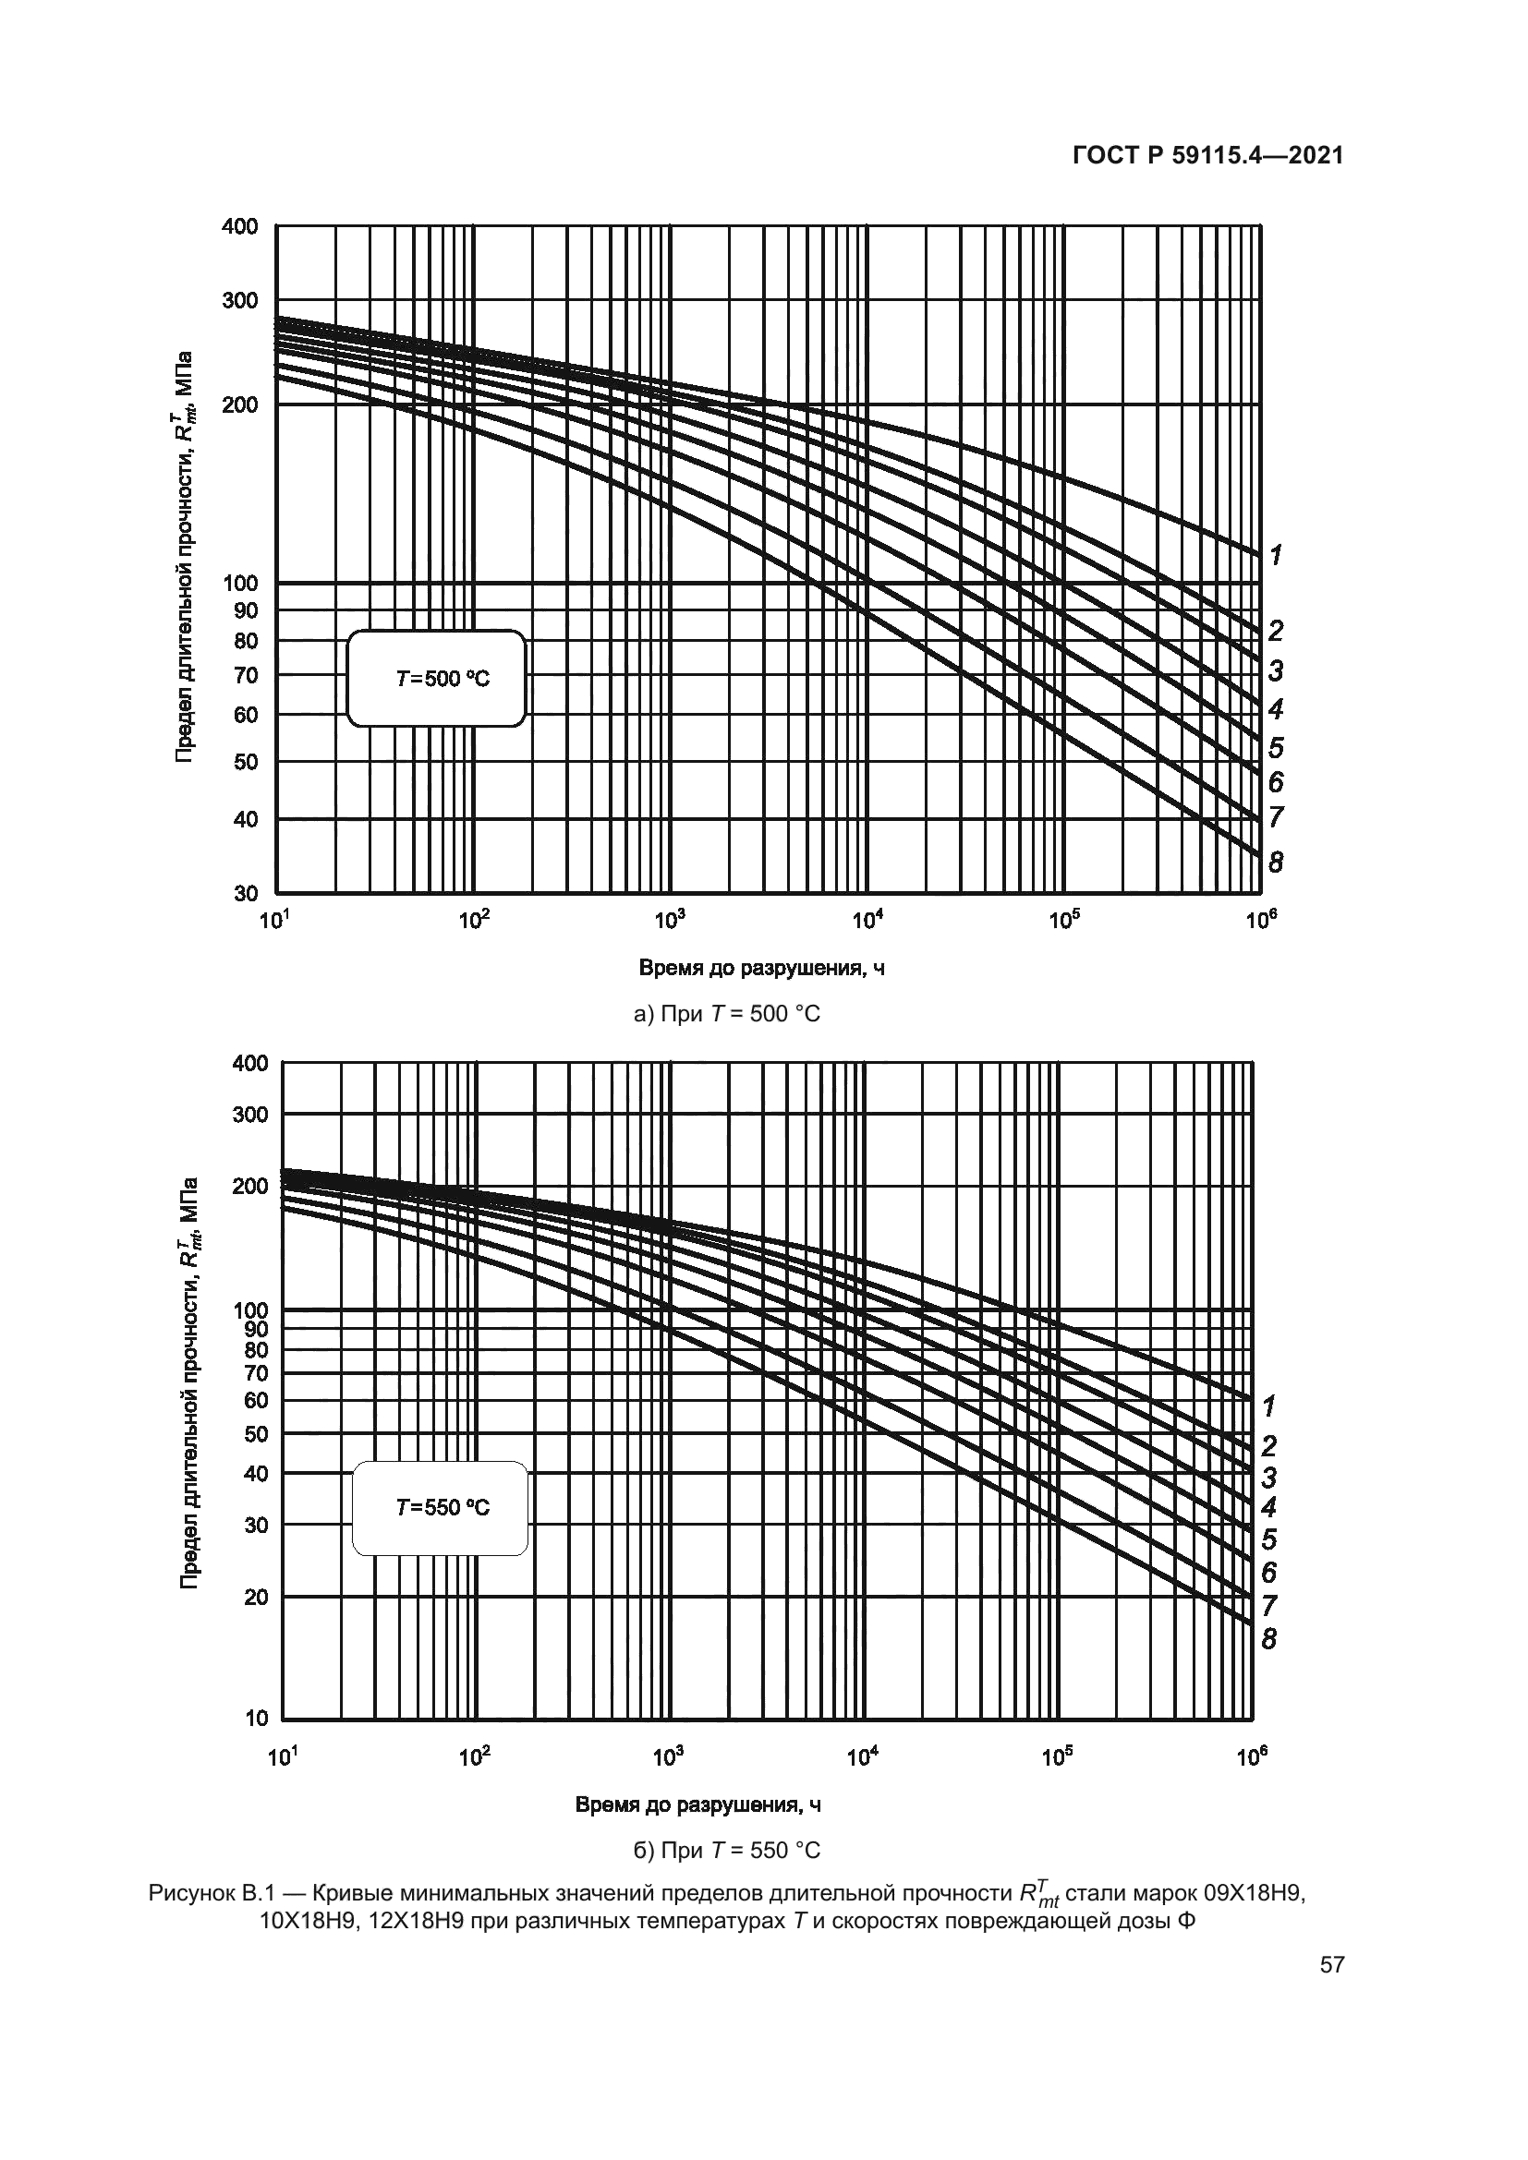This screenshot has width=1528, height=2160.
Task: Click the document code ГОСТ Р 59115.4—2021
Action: point(1207,156)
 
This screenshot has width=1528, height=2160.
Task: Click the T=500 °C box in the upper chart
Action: point(436,679)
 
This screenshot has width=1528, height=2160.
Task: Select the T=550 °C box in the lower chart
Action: point(440,1507)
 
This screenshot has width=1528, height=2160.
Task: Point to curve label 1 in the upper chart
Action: point(1275,555)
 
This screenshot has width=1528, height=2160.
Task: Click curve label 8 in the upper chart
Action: point(1275,862)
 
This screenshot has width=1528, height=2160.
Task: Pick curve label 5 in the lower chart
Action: point(1269,1540)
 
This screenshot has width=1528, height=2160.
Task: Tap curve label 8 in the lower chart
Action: point(1269,1639)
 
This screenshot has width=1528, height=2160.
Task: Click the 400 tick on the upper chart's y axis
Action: point(240,227)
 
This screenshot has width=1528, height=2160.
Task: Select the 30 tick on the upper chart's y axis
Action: point(246,893)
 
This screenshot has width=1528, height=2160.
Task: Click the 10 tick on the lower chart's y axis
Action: point(256,1718)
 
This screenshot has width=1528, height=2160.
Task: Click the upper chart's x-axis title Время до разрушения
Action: point(761,968)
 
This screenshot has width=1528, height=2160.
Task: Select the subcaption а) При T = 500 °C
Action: point(727,1014)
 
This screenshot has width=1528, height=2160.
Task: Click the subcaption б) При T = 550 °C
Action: point(726,1851)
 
